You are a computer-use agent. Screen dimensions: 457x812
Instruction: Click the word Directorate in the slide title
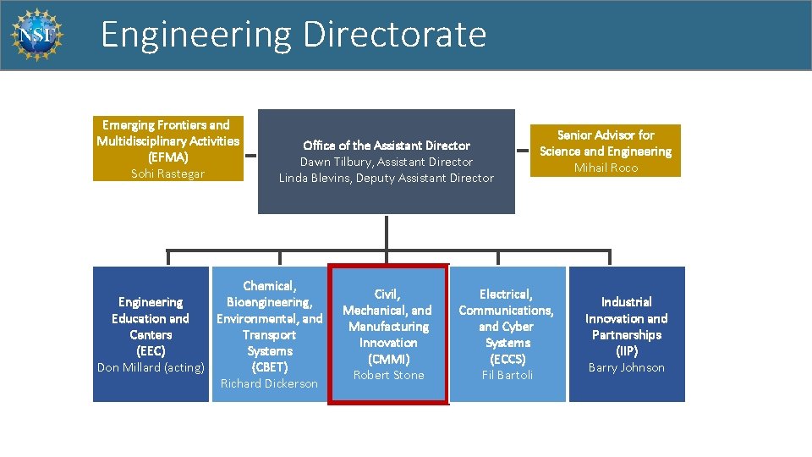[394, 35]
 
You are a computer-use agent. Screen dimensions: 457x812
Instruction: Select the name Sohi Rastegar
[167, 173]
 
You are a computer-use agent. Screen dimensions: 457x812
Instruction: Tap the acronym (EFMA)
[167, 157]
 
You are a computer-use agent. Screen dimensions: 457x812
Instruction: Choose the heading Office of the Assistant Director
[387, 146]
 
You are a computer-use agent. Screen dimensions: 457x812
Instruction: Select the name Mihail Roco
[606, 168]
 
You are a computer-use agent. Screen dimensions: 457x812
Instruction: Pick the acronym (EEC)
[151, 351]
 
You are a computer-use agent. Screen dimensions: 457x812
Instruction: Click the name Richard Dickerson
[269, 383]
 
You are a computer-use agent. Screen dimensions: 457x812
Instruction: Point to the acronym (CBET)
[269, 367]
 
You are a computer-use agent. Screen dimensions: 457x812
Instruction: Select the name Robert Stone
[388, 375]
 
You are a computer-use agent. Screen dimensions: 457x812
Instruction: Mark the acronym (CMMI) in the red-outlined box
[388, 359]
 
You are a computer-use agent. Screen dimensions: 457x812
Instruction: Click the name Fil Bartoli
[507, 375]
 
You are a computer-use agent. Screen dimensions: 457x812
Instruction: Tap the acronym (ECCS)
[507, 359]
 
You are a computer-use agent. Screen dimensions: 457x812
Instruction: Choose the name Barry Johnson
[627, 367]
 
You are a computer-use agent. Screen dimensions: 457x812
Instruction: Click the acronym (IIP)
[627, 351]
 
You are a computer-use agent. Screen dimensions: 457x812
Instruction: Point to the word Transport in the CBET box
[269, 335]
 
